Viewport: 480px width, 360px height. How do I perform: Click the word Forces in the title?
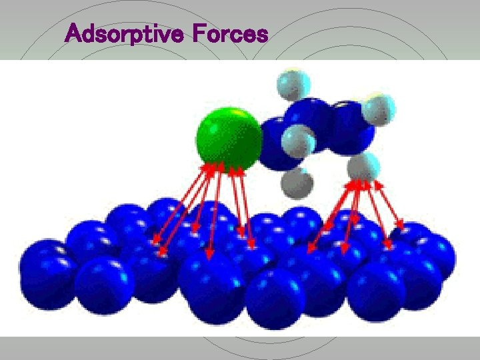point(229,33)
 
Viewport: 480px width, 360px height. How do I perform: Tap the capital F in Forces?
point(197,33)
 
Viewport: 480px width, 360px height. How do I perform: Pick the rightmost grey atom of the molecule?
point(378,108)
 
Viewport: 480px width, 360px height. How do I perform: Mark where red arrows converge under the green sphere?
point(223,167)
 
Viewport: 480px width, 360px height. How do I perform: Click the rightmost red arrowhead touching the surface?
point(401,226)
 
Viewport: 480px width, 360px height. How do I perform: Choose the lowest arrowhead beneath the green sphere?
point(209,256)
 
